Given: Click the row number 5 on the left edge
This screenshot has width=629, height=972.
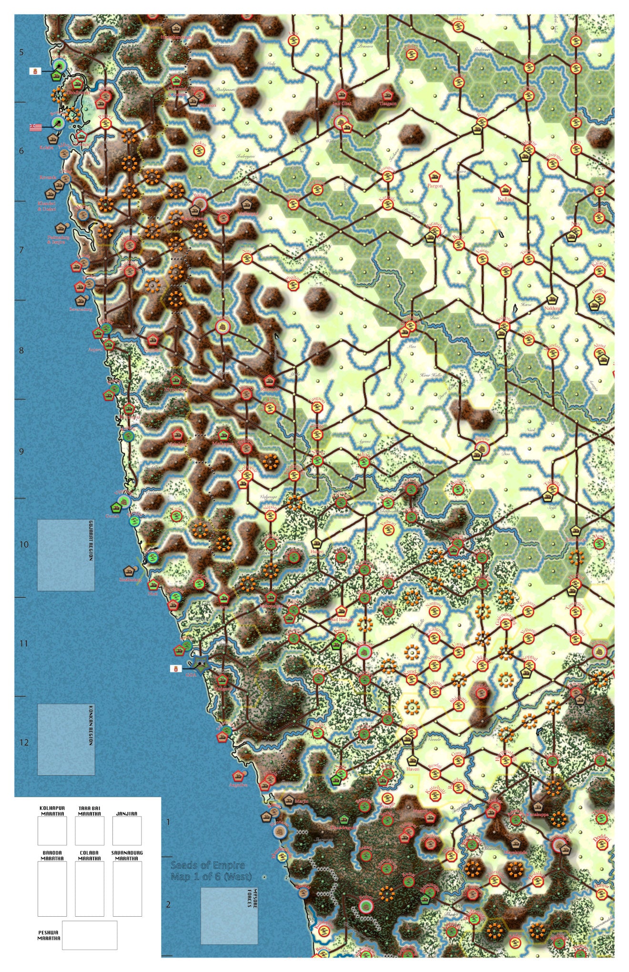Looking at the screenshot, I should click(x=21, y=52).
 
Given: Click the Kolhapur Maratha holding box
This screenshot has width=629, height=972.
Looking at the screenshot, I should click(x=52, y=830).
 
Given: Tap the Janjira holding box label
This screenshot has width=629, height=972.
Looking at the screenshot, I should click(x=127, y=813).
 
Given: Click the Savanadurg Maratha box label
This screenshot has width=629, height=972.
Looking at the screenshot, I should click(x=127, y=855).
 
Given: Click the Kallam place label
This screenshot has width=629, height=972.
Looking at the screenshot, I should click(x=506, y=199).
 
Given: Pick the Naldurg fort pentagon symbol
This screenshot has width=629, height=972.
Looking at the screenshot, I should click(x=552, y=299).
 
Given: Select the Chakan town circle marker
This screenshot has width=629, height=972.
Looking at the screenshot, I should click(x=199, y=150).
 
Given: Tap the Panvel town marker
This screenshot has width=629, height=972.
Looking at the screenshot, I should click(x=106, y=123).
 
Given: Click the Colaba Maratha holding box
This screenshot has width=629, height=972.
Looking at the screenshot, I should click(x=90, y=889).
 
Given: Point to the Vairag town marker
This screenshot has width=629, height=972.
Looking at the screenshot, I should click(x=482, y=259).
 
